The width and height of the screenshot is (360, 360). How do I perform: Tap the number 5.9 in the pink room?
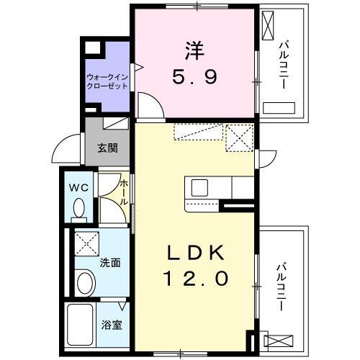pos(194,76)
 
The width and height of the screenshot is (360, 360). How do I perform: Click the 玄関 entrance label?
pos(108,149)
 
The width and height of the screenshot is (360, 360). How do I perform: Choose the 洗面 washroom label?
pos(110,262)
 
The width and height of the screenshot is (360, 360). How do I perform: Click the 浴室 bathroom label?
pos(111,324)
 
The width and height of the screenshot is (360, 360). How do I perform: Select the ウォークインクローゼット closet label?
pos(107,81)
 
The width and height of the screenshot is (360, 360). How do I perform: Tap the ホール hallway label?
pos(124,193)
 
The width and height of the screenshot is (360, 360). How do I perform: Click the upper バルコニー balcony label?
pos(282,65)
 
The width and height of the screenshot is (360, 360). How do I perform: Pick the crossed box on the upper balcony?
pos(268,28)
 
